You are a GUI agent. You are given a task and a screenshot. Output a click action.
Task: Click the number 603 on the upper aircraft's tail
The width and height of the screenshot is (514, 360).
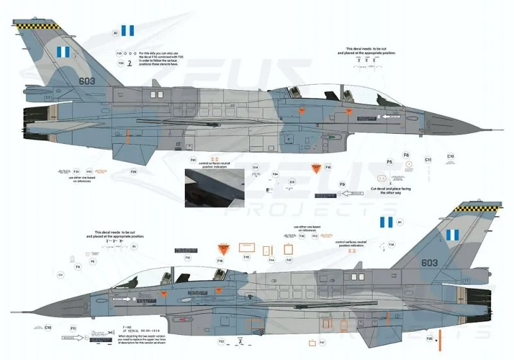coord(87,80)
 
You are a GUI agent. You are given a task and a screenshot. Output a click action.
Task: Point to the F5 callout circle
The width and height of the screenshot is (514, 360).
coord(389,162)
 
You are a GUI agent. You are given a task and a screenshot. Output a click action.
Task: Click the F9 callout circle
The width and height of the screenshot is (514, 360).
coord(342,184)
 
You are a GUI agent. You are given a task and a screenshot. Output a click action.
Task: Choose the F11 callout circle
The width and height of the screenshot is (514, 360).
coord(74,328)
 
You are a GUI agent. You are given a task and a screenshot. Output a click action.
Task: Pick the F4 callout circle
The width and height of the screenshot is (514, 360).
coord(78,266)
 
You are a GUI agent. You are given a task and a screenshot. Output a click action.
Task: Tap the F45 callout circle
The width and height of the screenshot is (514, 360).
coord(247,257)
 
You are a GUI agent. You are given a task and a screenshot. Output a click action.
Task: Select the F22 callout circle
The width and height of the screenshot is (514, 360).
coord(221,341)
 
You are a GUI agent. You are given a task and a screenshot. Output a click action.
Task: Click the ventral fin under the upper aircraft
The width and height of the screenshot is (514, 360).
coord(128,151)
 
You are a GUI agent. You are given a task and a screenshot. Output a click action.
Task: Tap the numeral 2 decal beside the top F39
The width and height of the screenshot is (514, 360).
coord(131,63)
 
